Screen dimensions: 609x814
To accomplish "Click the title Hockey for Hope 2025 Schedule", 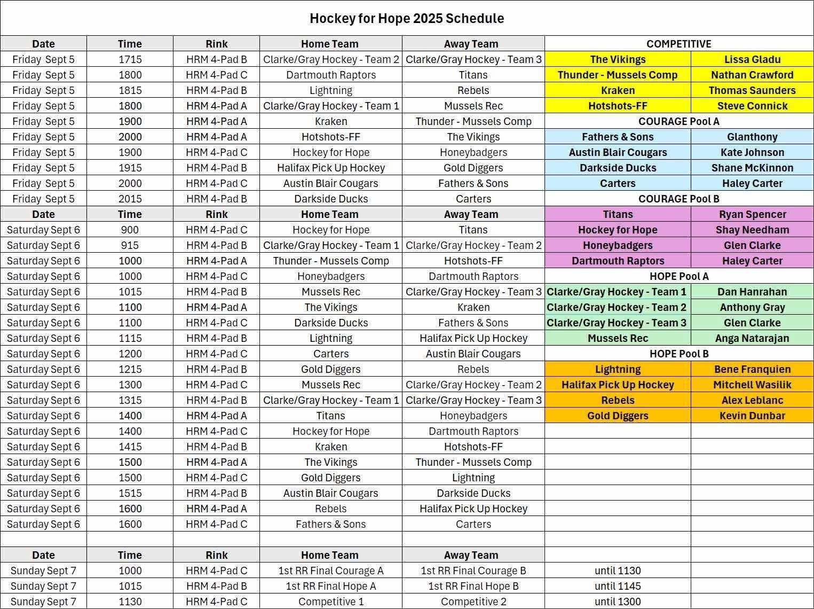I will pyautogui.click(x=407, y=19).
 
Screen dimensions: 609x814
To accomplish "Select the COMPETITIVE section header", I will pyautogui.click(x=678, y=44).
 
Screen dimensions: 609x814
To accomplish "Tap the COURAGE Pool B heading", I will pyautogui.click(x=678, y=199).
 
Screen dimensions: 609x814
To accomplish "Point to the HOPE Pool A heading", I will pyautogui.click(x=678, y=276).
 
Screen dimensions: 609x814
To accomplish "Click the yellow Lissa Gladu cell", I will pyautogui.click(x=752, y=59).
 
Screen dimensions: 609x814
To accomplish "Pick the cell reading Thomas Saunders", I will pyautogui.click(x=752, y=90).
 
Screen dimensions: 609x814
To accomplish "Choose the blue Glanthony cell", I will pyautogui.click(x=752, y=137).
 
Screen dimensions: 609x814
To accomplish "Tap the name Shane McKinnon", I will pyautogui.click(x=752, y=168).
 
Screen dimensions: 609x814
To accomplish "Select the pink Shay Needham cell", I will pyautogui.click(x=752, y=230).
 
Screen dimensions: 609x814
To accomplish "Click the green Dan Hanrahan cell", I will pyautogui.click(x=752, y=292).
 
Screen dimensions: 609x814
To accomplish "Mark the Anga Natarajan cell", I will pyautogui.click(x=752, y=338).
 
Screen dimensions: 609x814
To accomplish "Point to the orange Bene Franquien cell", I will pyautogui.click(x=752, y=369).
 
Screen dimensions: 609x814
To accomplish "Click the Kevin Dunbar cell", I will pyautogui.click(x=752, y=416).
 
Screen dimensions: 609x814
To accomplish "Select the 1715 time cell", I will pyautogui.click(x=130, y=59).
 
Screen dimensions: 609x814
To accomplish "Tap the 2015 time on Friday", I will pyautogui.click(x=130, y=199).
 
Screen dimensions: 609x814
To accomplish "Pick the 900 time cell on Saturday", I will pyautogui.click(x=130, y=230).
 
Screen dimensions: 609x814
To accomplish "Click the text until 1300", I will pyautogui.click(x=618, y=602).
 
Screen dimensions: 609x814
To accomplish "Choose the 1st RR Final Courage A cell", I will pyautogui.click(x=330, y=571).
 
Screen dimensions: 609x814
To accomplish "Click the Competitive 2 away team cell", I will pyautogui.click(x=473, y=602).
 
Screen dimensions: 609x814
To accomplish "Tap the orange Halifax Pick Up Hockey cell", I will pyautogui.click(x=618, y=385).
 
